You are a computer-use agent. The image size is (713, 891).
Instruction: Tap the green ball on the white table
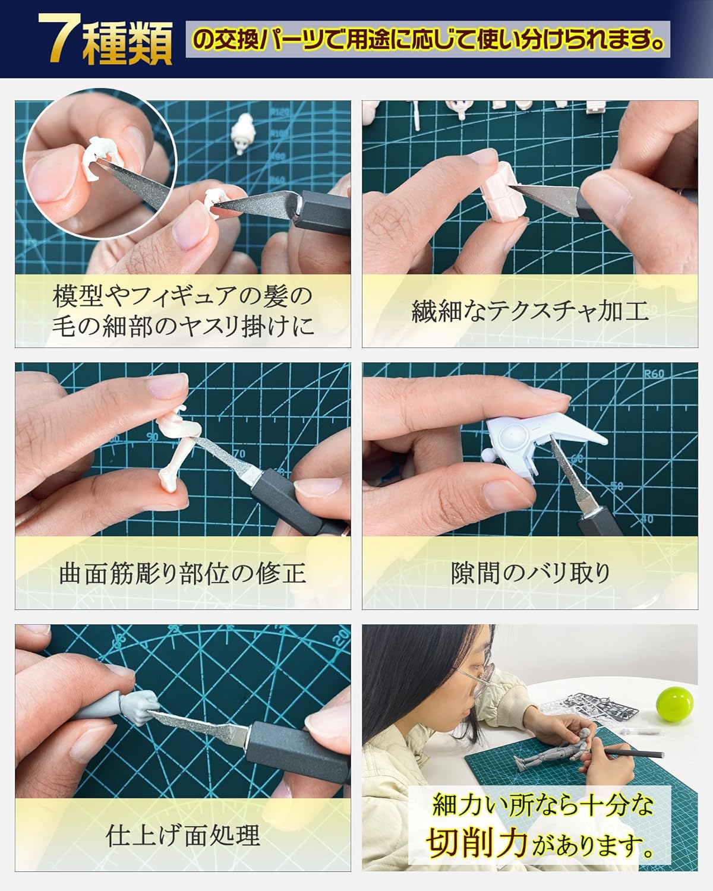tap(674, 704)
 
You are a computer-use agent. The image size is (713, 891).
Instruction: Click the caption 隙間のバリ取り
tap(531, 573)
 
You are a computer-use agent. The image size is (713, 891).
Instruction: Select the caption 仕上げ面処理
tap(182, 835)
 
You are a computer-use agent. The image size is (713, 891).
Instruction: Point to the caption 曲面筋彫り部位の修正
tap(182, 573)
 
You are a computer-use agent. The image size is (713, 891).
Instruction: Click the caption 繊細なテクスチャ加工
tap(531, 311)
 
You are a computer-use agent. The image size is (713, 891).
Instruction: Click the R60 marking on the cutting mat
tap(654, 374)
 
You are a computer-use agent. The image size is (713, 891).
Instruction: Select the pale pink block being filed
tap(503, 191)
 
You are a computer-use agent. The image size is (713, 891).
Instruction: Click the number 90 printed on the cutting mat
tap(153, 437)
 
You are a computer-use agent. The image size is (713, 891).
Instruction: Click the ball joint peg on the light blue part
tap(488, 456)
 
